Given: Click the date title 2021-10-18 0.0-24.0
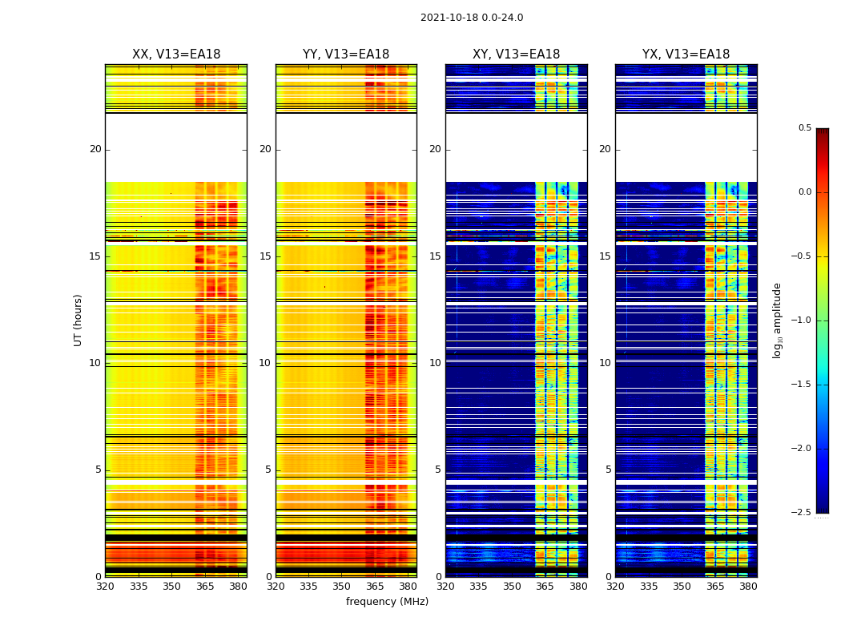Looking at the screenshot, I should (472, 18).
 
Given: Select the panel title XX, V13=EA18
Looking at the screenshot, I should (176, 54).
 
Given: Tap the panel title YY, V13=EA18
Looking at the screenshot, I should (346, 54).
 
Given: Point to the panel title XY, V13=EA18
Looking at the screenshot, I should (516, 54).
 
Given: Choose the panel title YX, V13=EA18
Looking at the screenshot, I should (686, 54).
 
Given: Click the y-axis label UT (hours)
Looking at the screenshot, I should (78, 320).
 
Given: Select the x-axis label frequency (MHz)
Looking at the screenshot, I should (387, 602).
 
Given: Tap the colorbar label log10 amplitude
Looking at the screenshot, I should (777, 320).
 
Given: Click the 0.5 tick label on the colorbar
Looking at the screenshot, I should (804, 128).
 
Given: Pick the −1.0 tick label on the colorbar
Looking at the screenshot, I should (802, 320).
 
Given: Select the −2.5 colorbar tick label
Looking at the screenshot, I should (802, 513).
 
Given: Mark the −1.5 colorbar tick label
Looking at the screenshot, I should (802, 385).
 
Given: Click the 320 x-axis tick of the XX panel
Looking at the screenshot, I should (105, 587).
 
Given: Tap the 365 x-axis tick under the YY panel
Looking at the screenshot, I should (375, 587).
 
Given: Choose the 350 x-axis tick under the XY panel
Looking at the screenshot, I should (512, 587).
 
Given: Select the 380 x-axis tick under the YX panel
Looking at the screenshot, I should (748, 587).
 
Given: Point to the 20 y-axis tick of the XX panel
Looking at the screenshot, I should (95, 149).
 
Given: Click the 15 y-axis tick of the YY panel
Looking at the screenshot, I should (265, 256).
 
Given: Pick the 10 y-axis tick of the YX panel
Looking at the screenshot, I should (605, 363).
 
